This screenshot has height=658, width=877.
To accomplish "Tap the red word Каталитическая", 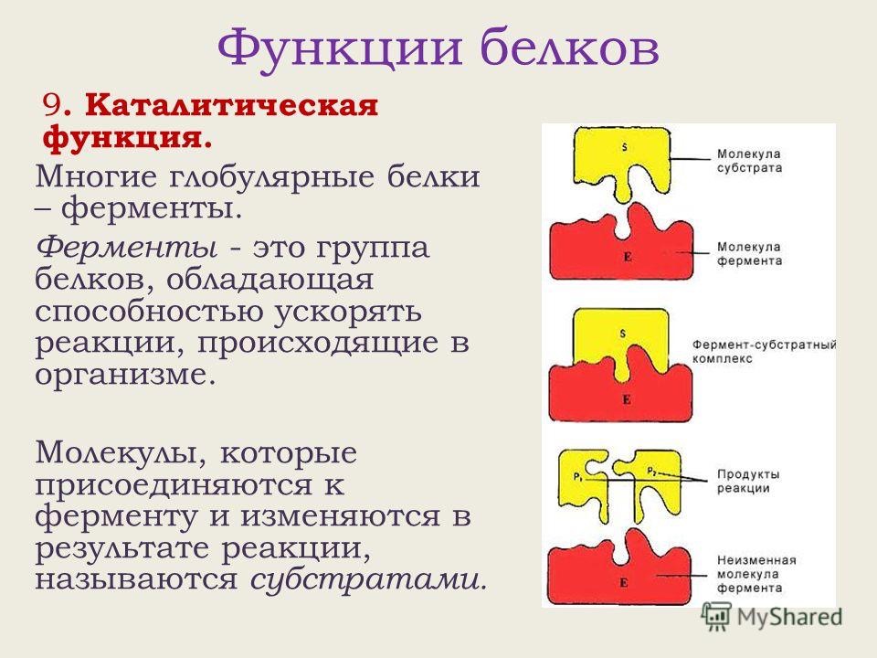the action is (231, 105).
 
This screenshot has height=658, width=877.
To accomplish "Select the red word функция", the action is (127, 139).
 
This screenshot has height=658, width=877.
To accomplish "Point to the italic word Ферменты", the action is (127, 248).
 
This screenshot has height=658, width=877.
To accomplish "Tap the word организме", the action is (125, 376).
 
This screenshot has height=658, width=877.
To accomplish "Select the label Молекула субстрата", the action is (749, 161).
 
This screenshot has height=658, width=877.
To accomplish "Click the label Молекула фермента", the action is (749, 253).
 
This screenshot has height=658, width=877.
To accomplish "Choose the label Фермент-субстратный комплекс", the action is (764, 351).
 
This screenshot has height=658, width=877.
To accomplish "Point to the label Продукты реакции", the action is (748, 482).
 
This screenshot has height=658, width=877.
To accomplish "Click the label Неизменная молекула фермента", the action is (756, 574).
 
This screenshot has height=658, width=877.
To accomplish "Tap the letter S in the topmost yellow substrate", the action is (625, 147).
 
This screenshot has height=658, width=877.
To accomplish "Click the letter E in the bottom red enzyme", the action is (624, 584).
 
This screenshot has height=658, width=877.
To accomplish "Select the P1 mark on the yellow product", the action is (577, 477).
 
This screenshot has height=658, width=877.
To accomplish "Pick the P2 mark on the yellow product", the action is (652, 472).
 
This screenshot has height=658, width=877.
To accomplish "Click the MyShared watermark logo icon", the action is (716, 618).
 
